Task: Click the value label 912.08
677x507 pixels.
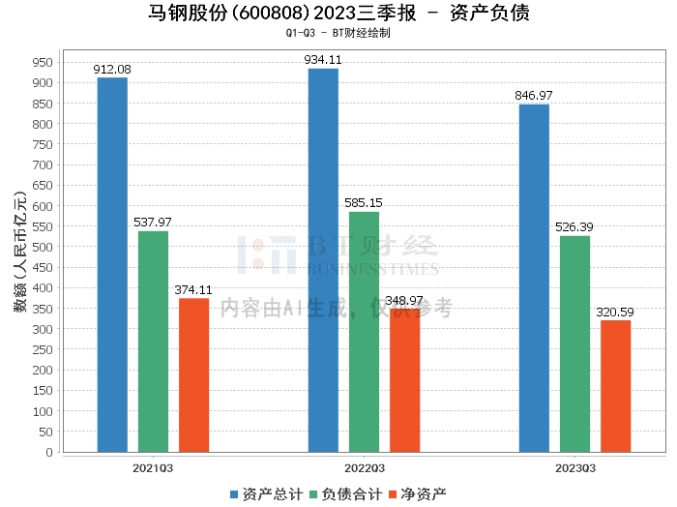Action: click(x=112, y=69)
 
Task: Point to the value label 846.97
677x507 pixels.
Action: click(x=534, y=96)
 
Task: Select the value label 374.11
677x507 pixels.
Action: click(x=193, y=289)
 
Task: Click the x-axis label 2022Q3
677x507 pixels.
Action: click(x=364, y=467)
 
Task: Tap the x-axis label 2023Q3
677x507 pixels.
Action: click(x=574, y=467)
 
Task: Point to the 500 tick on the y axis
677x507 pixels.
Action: click(x=42, y=247)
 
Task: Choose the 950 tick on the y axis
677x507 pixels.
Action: click(x=42, y=62)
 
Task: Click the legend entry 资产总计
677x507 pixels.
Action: click(x=263, y=494)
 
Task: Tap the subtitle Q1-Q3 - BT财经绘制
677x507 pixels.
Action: click(x=338, y=33)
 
